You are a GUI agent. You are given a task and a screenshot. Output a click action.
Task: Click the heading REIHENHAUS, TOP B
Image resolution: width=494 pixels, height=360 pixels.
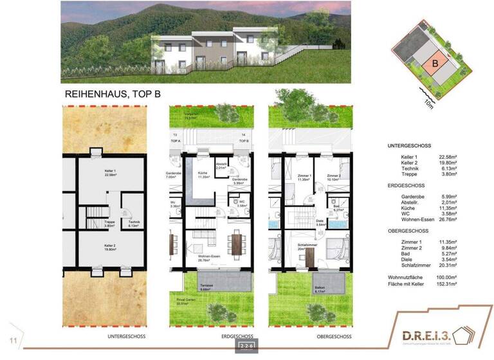[x=113, y=94]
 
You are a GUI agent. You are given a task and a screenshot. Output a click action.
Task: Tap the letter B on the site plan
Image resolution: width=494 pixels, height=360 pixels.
[x=435, y=64]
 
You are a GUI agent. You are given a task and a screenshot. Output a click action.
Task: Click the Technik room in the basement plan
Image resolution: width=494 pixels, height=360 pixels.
[x=133, y=224]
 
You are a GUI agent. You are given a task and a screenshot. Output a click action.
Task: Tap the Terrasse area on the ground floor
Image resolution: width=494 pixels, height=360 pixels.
[x=205, y=285]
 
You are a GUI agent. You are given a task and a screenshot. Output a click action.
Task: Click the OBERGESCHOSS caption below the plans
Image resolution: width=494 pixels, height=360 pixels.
[x=334, y=336]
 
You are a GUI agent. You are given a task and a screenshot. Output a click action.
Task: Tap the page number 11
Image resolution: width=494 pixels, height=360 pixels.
[x=12, y=339]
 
